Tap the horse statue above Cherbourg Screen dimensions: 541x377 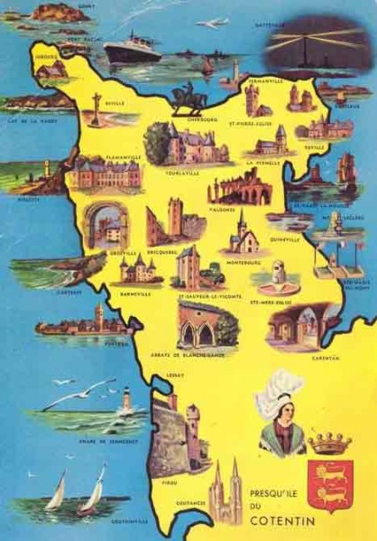coord(189,98)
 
